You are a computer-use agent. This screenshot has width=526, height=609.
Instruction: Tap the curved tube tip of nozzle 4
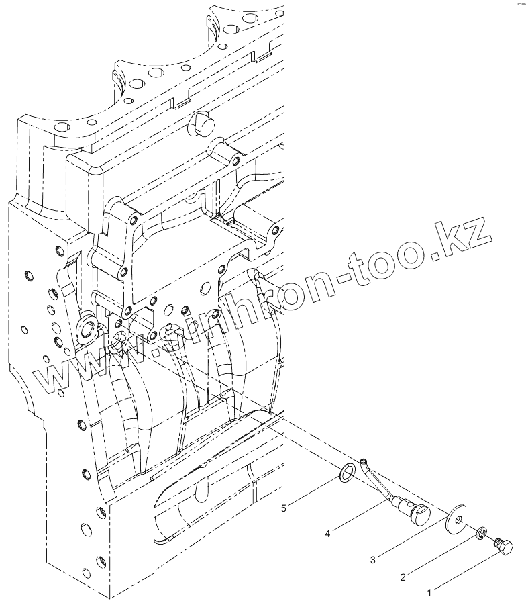click(x=364, y=460)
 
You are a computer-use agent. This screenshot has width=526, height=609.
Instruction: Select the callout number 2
click(x=403, y=577)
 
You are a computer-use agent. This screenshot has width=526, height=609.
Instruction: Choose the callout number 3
click(x=372, y=558)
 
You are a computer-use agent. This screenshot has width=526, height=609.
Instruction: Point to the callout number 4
click(x=327, y=534)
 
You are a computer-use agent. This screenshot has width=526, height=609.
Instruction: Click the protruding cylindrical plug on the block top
click(x=201, y=123)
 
